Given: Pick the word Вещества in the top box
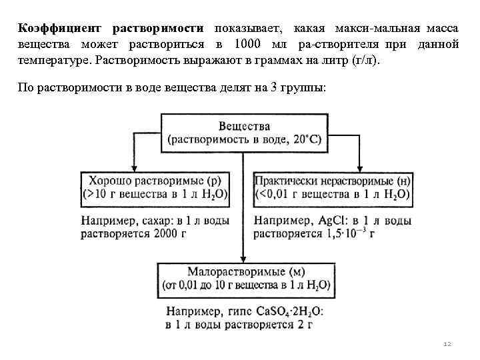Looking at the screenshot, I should pos(244,125).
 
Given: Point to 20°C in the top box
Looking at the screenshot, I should pos(306,139).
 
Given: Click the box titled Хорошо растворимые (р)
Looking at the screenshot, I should pos(155,187).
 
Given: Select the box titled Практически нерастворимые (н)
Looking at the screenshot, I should pos(333,187).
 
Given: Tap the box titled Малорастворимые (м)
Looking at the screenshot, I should pos(245,279).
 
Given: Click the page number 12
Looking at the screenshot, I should pos(447,344).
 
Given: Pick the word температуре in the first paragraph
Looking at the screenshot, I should pos(55,61).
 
